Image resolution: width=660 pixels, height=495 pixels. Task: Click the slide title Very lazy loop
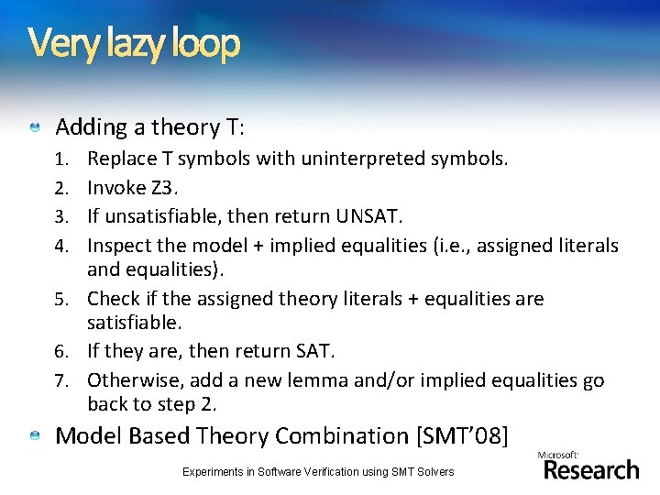[x=134, y=42]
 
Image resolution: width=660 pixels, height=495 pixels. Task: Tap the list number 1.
[x=62, y=159]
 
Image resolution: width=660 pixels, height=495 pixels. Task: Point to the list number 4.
[x=62, y=246]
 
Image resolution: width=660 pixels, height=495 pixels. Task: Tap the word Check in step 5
[x=113, y=299]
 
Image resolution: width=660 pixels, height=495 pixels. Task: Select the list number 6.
[x=62, y=352]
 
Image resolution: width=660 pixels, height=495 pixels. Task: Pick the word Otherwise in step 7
[x=127, y=379]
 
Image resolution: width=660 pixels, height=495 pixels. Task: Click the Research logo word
[x=591, y=469]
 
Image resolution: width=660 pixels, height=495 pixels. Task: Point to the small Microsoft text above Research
[x=557, y=454]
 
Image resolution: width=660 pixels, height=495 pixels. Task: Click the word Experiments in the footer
[x=214, y=471]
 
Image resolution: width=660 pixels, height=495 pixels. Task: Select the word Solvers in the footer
[x=433, y=471]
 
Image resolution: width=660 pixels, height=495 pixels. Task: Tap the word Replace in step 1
[x=121, y=159]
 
